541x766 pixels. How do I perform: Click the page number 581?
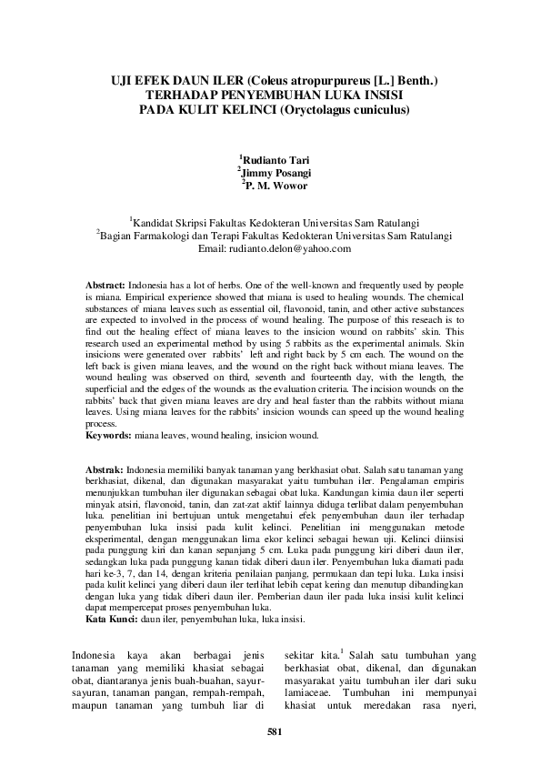(x=270, y=732)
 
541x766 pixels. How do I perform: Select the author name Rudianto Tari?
(x=276, y=160)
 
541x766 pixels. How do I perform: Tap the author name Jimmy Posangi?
(x=276, y=173)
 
